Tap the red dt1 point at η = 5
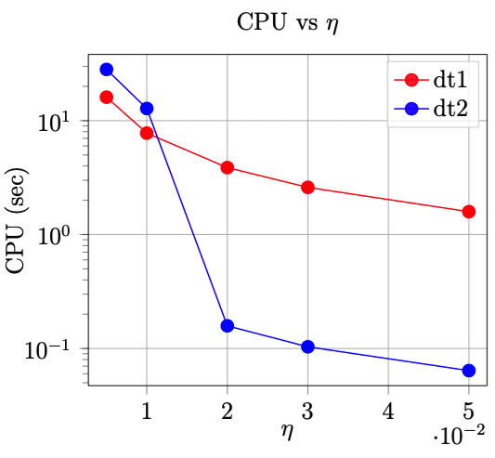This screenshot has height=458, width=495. (468, 212)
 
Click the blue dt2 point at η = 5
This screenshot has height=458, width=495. (468, 371)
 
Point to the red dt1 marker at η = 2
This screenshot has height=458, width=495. (228, 167)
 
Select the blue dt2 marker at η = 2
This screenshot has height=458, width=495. (228, 326)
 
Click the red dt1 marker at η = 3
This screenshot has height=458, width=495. (307, 188)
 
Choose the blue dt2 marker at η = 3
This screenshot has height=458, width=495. (307, 347)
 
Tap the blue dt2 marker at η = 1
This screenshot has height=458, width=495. (147, 109)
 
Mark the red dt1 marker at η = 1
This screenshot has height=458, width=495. (147, 133)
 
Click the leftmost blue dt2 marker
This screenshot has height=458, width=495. (107, 70)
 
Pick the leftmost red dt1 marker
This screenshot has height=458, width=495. (107, 98)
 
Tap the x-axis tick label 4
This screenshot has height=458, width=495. (388, 410)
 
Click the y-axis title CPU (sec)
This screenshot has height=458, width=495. (18, 220)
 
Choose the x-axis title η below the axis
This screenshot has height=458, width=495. (288, 430)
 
